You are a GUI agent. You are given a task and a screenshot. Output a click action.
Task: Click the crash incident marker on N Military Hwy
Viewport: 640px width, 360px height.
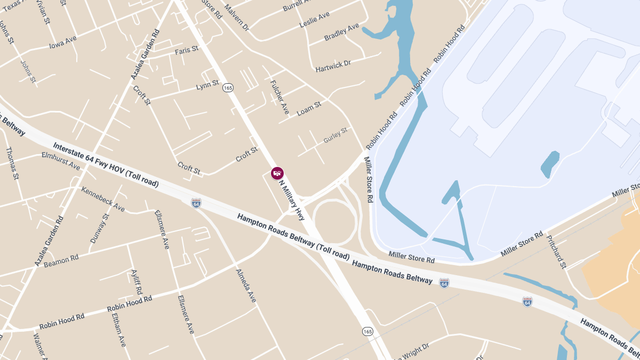click(x=277, y=173)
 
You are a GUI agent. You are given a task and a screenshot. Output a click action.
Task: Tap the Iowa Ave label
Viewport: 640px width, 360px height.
click(x=63, y=42)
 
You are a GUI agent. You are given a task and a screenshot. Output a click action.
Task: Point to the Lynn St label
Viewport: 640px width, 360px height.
click(x=207, y=85)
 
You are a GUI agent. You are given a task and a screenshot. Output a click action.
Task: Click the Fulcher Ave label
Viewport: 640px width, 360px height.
click(x=279, y=97)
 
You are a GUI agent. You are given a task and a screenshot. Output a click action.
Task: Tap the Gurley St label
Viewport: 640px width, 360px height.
click(x=335, y=135)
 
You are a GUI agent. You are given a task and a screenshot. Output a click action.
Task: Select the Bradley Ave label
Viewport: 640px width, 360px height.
click(x=342, y=32)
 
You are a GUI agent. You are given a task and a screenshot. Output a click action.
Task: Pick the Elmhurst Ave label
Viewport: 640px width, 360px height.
click(x=61, y=162)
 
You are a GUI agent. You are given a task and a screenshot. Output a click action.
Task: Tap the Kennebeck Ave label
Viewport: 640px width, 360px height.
click(x=103, y=199)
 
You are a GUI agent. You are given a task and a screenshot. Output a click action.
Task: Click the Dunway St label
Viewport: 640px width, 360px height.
click(x=99, y=228)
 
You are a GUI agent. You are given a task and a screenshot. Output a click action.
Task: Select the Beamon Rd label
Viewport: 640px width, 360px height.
click(x=61, y=261)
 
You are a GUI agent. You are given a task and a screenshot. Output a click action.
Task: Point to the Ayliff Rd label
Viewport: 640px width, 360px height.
click(x=137, y=282)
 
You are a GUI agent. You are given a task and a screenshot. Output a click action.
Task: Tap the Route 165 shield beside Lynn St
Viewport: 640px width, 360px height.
click(x=228, y=87)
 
